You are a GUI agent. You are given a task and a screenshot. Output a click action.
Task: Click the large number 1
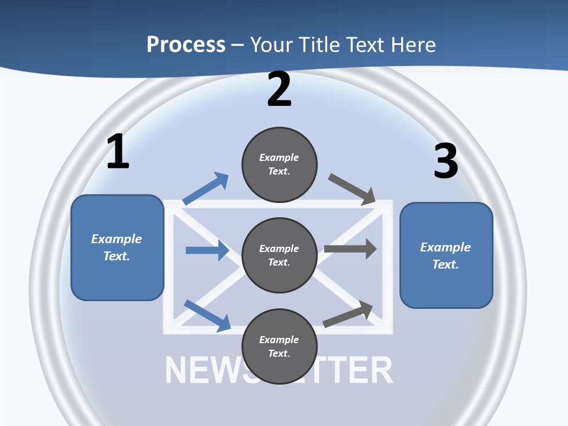click(x=118, y=152)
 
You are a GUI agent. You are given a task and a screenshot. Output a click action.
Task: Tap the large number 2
click(x=279, y=89)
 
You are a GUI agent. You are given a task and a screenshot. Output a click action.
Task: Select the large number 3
click(x=446, y=161)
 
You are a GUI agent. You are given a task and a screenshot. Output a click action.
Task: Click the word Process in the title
click(x=186, y=44)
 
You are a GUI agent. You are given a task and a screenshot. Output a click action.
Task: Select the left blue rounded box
click(x=117, y=247)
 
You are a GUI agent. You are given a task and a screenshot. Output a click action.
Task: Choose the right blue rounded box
click(x=446, y=256)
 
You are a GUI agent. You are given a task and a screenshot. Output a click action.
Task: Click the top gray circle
click(x=279, y=164)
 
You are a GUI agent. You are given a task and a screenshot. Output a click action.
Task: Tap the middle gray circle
click(x=279, y=255)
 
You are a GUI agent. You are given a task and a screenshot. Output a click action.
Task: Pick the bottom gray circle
click(x=279, y=346)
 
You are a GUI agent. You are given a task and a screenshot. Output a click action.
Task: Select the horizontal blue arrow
click(x=207, y=250)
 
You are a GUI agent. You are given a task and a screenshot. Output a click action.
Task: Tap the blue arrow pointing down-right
click(x=207, y=315)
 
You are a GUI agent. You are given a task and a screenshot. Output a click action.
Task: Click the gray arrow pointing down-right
click(x=352, y=189)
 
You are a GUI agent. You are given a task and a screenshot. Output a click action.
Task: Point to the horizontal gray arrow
click(x=350, y=248)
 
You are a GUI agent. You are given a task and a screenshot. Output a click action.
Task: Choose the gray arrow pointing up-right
click(x=348, y=314)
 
